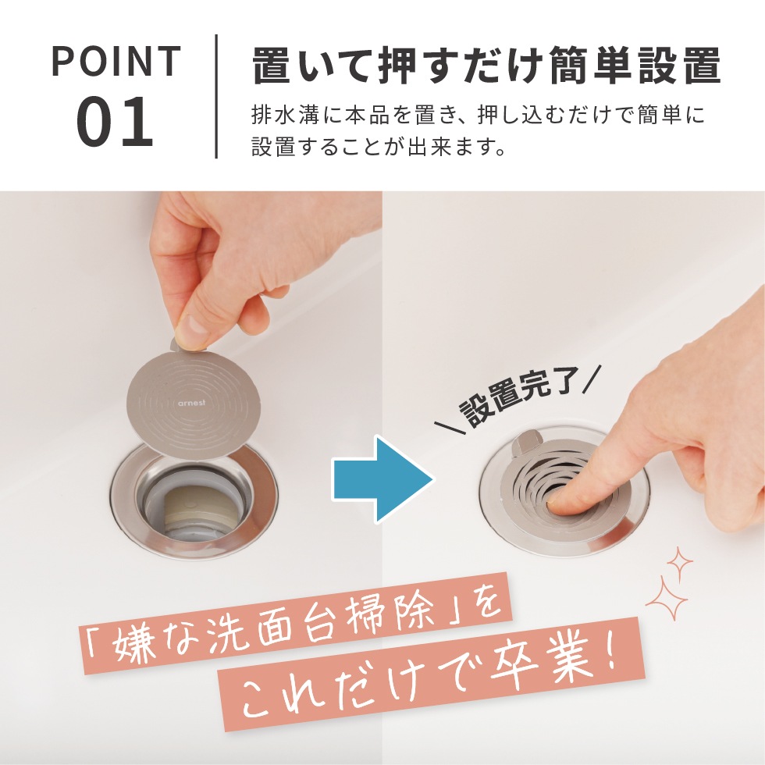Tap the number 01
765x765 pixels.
115,123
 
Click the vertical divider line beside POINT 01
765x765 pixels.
216,96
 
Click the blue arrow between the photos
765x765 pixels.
381,479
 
